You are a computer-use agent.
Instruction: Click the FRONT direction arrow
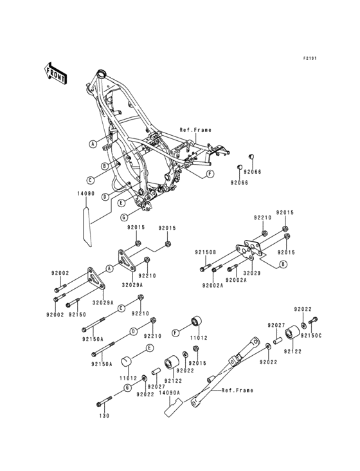click(55, 73)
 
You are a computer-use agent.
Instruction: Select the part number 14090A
click(170, 392)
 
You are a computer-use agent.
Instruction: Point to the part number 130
click(104, 416)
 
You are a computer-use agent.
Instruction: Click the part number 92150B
click(206, 252)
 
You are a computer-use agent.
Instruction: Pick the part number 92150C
click(310, 335)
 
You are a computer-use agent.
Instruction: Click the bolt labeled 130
click(104, 402)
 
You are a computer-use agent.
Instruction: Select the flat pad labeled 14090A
click(173, 407)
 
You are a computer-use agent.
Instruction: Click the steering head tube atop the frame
click(101, 73)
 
